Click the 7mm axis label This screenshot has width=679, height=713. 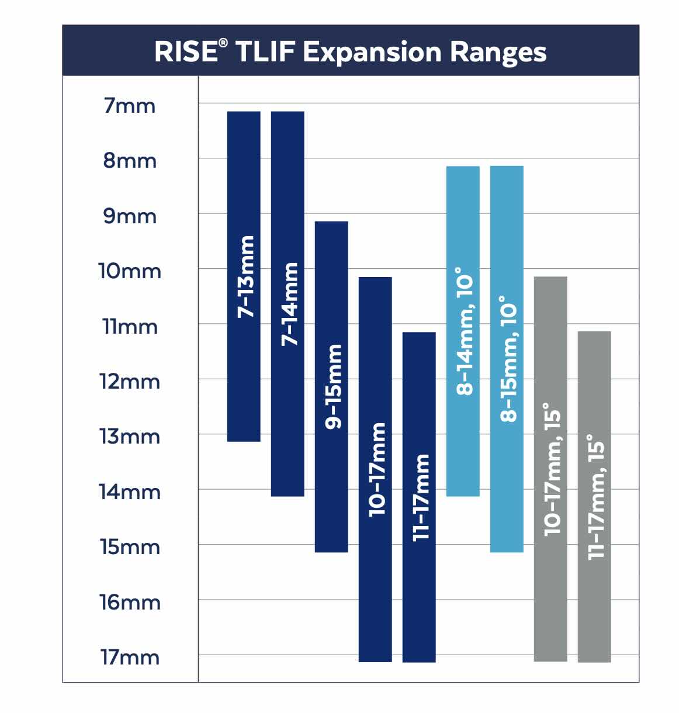click(130, 106)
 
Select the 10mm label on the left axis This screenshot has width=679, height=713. click(130, 272)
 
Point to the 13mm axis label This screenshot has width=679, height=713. click(130, 437)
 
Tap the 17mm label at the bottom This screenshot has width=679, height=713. click(130, 657)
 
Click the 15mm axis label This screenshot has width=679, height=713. click(130, 548)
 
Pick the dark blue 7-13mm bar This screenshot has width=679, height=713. click(244, 276)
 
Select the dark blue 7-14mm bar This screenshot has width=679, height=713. click(287, 303)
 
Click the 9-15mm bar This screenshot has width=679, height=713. click(331, 386)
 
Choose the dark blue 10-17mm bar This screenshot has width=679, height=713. click(375, 469)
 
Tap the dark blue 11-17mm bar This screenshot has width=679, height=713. click(419, 497)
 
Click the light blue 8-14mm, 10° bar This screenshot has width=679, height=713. click(463, 331)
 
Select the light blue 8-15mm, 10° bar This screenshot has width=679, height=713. click(507, 359)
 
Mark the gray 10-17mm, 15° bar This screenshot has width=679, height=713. click(550, 469)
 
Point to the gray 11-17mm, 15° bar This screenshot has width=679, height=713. click(594, 497)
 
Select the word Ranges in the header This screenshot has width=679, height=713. click(498, 53)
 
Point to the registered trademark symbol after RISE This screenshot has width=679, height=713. click(224, 44)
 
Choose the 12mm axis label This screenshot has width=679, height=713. click(130, 382)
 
